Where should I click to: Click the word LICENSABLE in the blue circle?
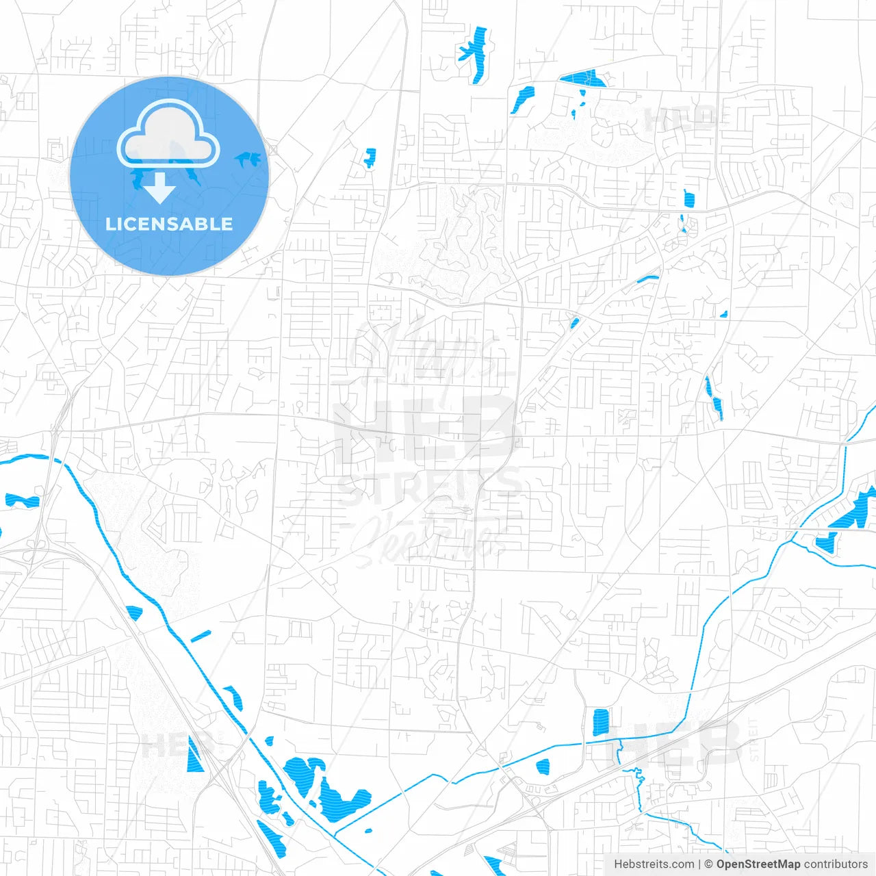pyautogui.click(x=169, y=224)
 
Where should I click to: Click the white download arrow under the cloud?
pyautogui.click(x=159, y=188)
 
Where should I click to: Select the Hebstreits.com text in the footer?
pyautogui.click(x=654, y=864)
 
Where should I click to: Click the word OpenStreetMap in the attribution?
pyautogui.click(x=758, y=864)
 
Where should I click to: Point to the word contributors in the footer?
pyautogui.click(x=836, y=864)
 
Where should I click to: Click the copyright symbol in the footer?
pyautogui.click(x=708, y=864)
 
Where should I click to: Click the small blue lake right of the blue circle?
pyautogui.click(x=248, y=159)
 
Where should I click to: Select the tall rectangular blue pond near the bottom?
pyautogui.click(x=600, y=723)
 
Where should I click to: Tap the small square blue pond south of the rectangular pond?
pyautogui.click(x=543, y=766)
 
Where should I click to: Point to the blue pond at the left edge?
pyautogui.click(x=21, y=501)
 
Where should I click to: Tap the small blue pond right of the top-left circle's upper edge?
pyautogui.click(x=370, y=157)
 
